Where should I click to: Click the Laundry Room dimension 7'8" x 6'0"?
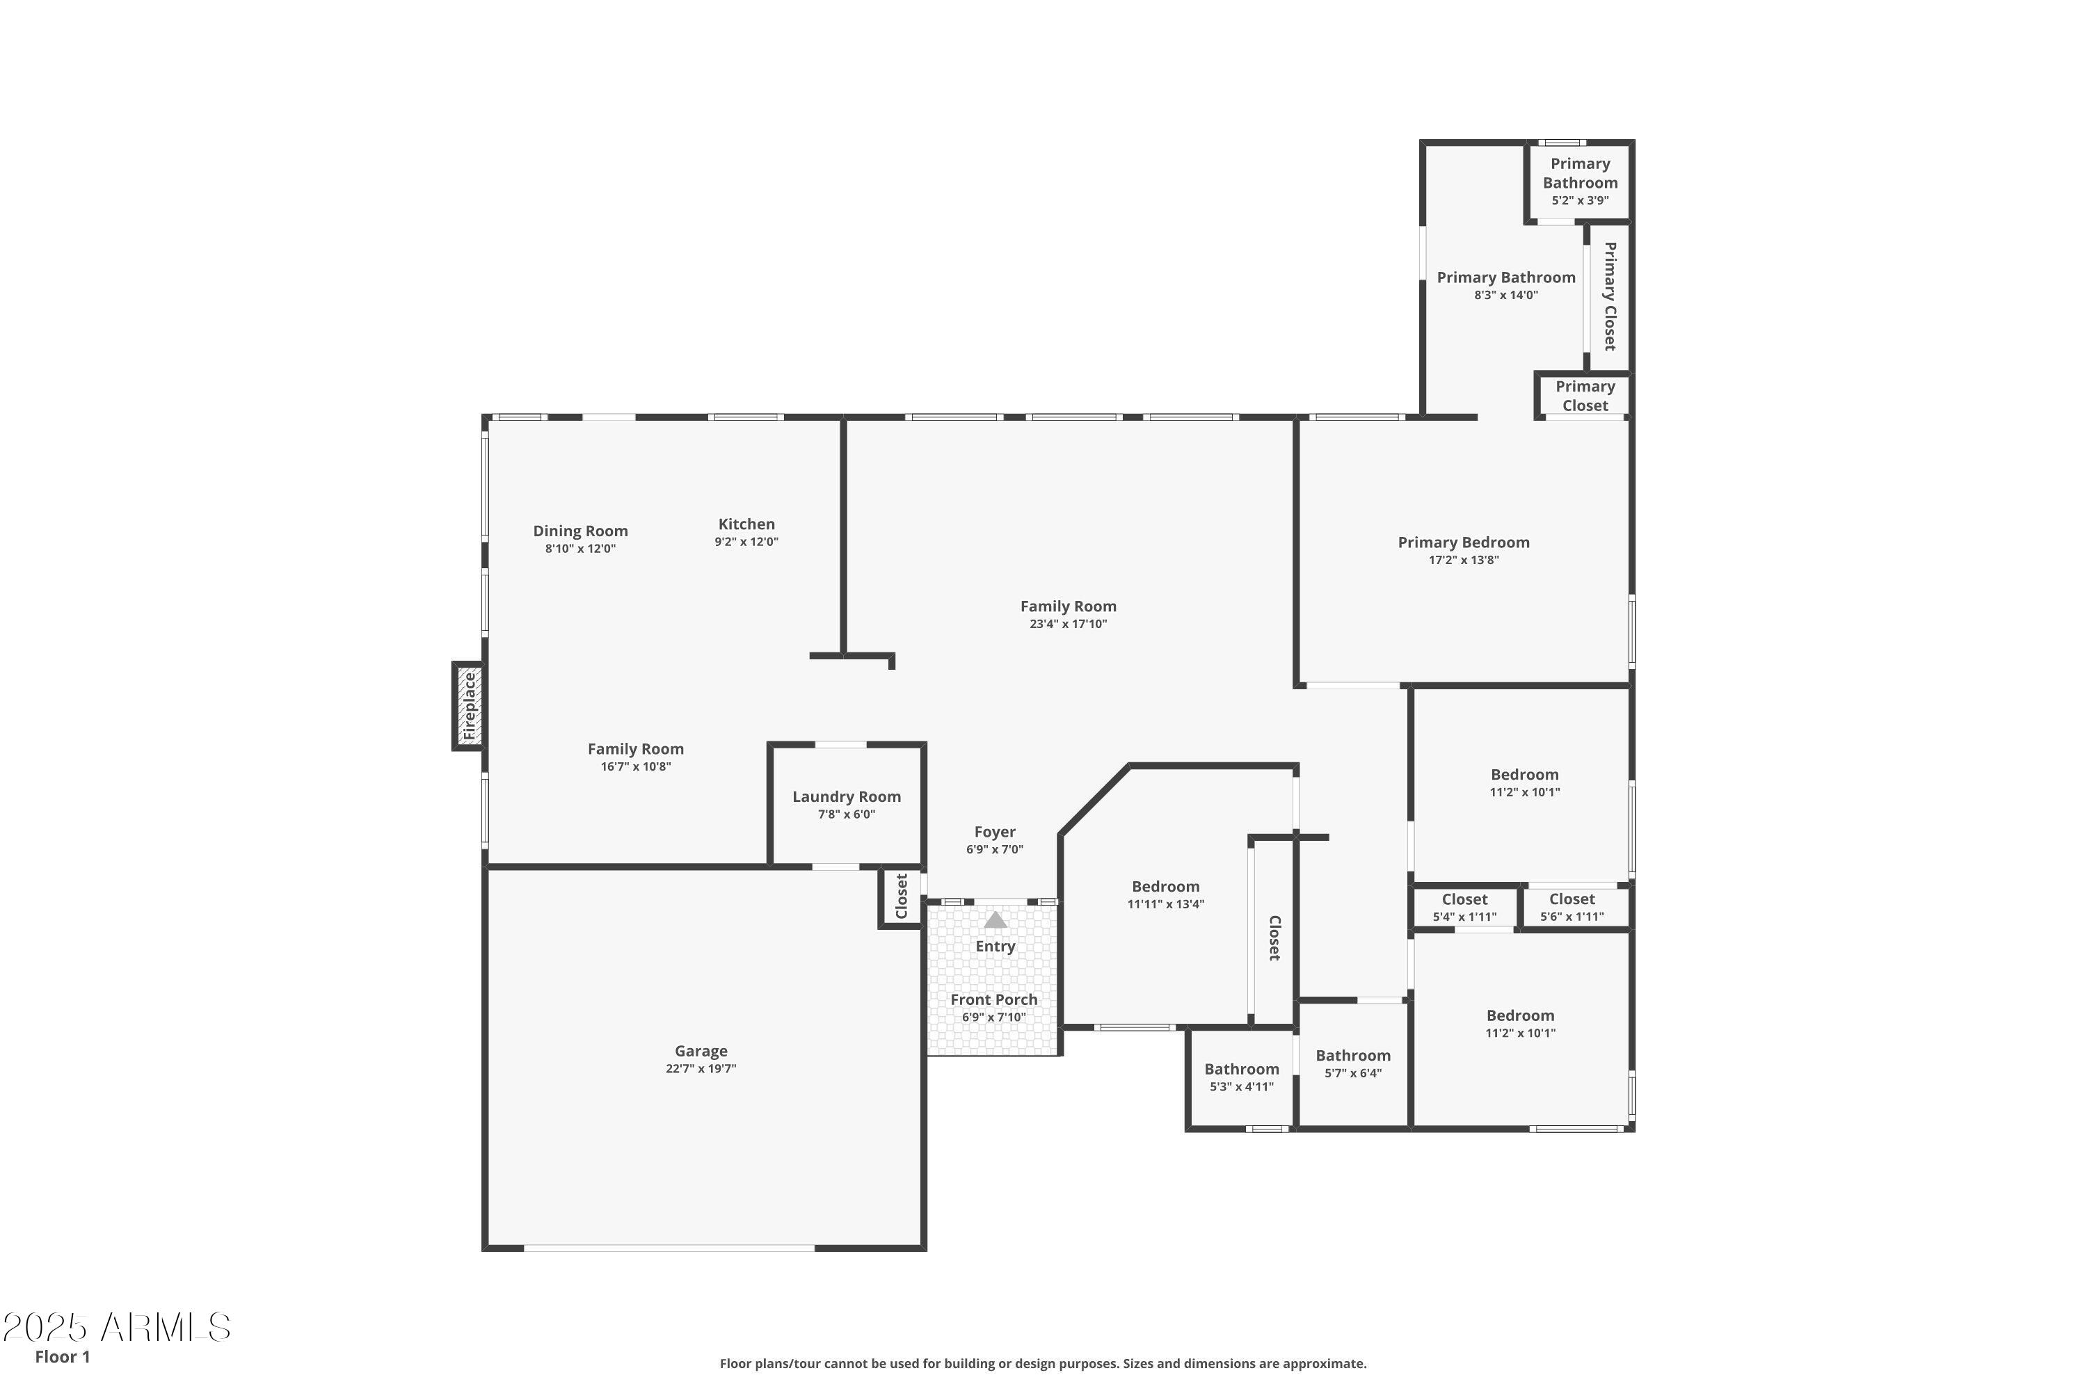[846, 814]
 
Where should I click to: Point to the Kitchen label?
[746, 524]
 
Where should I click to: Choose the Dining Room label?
[580, 531]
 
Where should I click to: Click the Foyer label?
[994, 831]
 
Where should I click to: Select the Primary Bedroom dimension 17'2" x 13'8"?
[1463, 560]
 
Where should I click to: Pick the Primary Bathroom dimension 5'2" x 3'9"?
[1579, 200]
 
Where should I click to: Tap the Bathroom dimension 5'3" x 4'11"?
[1241, 1086]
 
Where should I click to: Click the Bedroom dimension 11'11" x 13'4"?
[1165, 904]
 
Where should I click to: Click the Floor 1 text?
[62, 1356]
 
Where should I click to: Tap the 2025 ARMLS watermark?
[116, 1327]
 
